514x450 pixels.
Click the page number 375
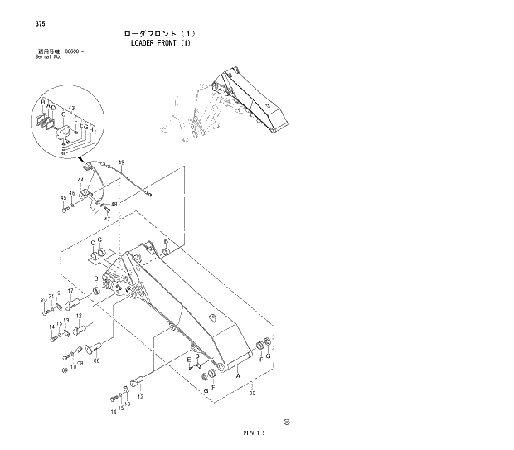[40, 23]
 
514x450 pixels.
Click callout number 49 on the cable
[121, 162]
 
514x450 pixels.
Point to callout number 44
[81, 180]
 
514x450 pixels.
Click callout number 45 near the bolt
[63, 198]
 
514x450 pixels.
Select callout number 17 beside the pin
[70, 291]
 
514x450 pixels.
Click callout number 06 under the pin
[96, 361]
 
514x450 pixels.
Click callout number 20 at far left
[43, 299]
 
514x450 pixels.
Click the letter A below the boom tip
[239, 375]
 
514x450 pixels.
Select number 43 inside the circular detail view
[72, 109]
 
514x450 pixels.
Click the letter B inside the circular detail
[42, 101]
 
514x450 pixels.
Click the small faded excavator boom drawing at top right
[240, 104]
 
